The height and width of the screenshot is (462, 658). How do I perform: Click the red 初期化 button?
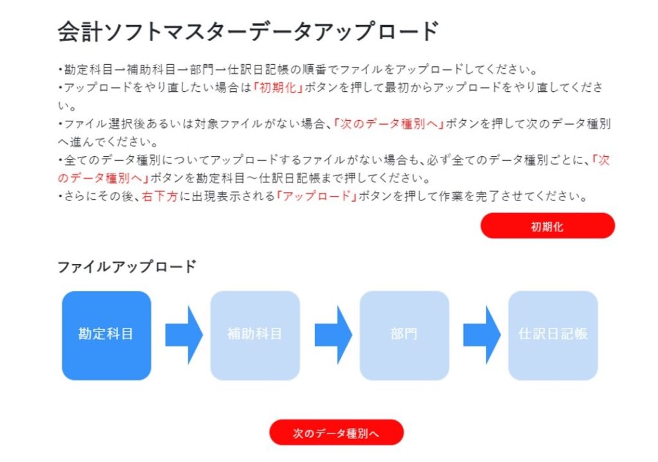click(547, 226)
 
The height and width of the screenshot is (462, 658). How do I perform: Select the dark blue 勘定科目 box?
click(106, 335)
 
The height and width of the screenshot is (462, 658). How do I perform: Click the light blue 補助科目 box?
click(255, 335)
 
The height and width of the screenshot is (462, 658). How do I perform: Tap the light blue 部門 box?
click(404, 335)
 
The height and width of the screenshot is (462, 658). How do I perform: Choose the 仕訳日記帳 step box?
click(553, 335)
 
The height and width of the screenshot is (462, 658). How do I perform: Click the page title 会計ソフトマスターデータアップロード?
click(248, 31)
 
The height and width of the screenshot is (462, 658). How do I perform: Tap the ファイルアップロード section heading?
click(126, 266)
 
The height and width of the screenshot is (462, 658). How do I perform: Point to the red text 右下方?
click(159, 197)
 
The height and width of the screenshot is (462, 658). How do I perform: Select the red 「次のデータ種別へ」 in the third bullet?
click(389, 124)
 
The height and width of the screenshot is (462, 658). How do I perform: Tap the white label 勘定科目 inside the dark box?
click(106, 334)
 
